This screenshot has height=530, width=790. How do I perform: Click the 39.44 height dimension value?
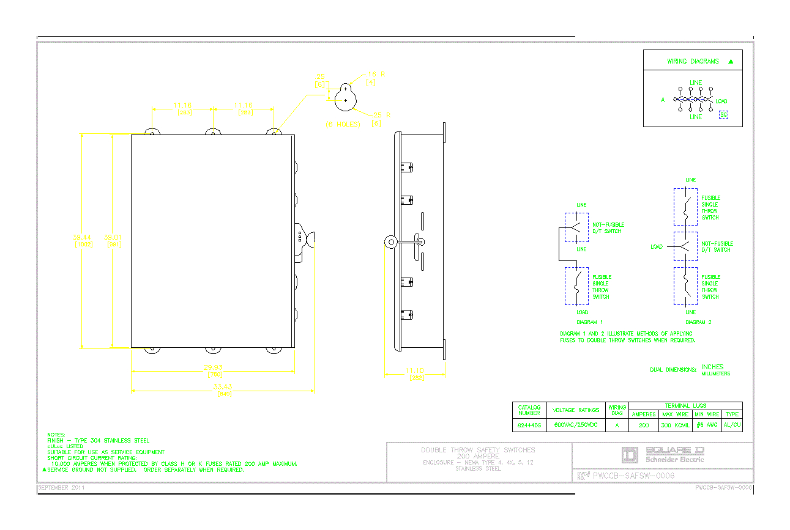(x=83, y=237)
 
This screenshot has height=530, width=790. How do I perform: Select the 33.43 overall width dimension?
(x=223, y=386)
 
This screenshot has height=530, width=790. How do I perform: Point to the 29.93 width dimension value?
(x=214, y=367)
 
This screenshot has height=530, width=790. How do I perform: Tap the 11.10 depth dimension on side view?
(x=414, y=370)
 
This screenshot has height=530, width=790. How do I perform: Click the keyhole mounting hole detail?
(x=346, y=95)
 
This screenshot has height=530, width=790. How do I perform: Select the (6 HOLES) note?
(x=343, y=124)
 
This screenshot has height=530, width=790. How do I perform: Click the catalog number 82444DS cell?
(x=529, y=424)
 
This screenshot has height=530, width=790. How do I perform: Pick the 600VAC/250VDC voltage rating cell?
(x=576, y=424)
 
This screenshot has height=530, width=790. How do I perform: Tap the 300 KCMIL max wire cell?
(x=675, y=424)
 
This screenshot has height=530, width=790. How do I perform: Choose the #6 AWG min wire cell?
(x=707, y=424)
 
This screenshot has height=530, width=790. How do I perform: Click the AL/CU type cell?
(x=732, y=424)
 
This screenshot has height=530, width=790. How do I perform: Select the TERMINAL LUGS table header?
(x=685, y=405)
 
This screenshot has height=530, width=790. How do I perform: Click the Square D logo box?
(x=630, y=455)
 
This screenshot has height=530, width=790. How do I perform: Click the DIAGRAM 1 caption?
(x=589, y=322)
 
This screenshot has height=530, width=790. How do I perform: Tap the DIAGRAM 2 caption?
(x=698, y=322)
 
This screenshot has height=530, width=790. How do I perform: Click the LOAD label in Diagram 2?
(x=656, y=247)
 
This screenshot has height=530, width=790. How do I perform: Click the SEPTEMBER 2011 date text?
(x=61, y=488)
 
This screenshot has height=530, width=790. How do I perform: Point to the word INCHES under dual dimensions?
(x=712, y=367)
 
